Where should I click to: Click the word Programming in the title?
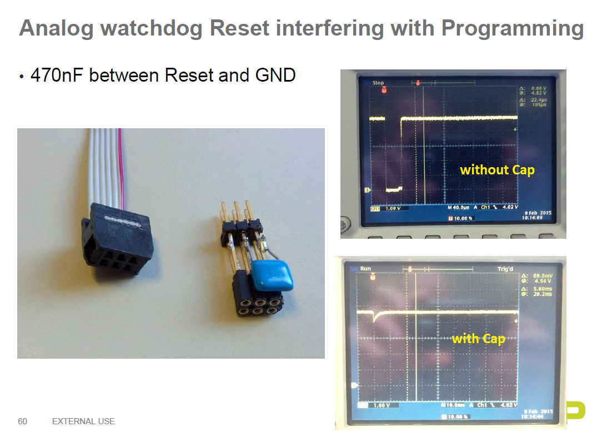tap(512, 28)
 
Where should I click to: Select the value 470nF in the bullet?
tap(57, 75)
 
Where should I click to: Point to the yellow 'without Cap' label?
tap(497, 170)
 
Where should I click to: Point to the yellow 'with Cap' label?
tap(478, 338)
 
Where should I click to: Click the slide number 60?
tap(22, 421)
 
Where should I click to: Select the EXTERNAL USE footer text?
tap(83, 421)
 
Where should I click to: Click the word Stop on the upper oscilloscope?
tap(378, 83)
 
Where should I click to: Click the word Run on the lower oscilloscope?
tap(365, 269)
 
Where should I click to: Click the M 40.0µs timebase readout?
tap(460, 208)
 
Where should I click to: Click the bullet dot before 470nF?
tap(22, 77)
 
